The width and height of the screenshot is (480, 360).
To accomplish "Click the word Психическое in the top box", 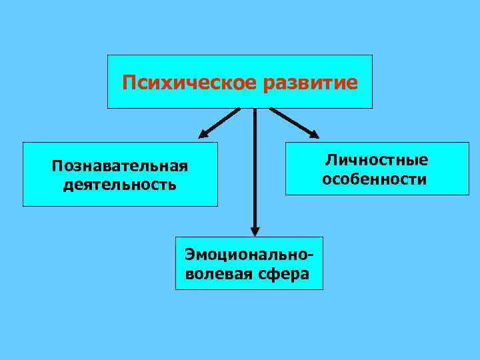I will tap(191, 83).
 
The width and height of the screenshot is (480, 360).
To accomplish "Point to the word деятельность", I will tap(120, 183).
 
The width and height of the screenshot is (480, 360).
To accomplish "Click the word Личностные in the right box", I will tap(377, 160).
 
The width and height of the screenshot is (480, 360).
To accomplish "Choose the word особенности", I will tap(375, 179).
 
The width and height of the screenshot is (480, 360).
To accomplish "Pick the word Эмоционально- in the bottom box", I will tap(249, 255).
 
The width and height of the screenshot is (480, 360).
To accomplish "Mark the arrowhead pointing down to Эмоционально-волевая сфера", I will tap(255, 230).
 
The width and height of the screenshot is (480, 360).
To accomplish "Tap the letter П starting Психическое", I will tap(129, 83).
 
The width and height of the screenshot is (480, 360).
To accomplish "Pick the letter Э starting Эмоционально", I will tap(190, 255).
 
